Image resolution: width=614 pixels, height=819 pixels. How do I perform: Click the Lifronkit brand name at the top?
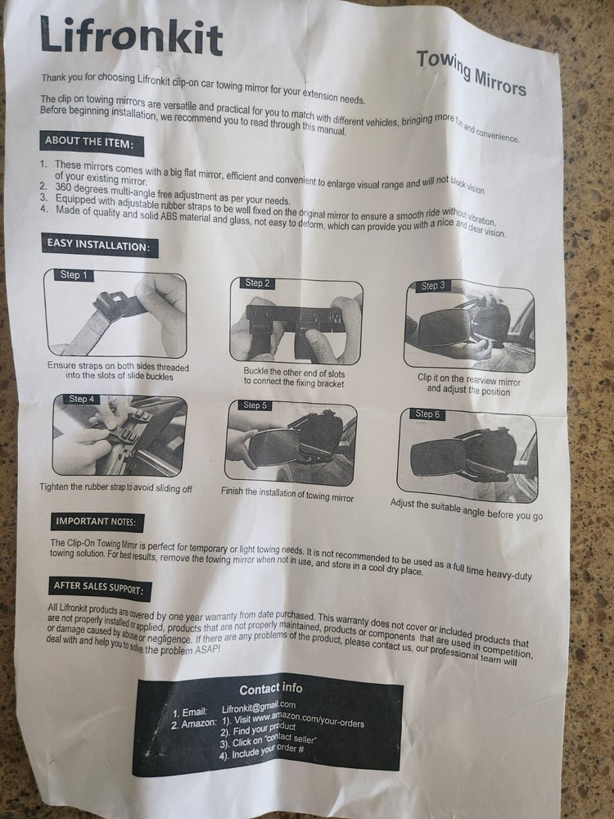[x=132, y=35]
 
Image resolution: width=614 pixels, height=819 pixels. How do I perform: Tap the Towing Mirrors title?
[x=471, y=73]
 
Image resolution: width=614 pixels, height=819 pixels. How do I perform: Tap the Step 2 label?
[x=257, y=283]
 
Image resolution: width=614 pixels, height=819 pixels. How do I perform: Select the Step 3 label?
[x=433, y=286]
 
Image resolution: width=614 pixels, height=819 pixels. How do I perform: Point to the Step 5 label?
[x=255, y=405]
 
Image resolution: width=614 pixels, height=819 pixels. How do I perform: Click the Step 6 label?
[x=427, y=414]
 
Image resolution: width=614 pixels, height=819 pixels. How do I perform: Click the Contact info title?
[x=270, y=690]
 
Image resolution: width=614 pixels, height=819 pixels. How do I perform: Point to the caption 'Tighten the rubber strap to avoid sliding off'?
[x=116, y=488]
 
